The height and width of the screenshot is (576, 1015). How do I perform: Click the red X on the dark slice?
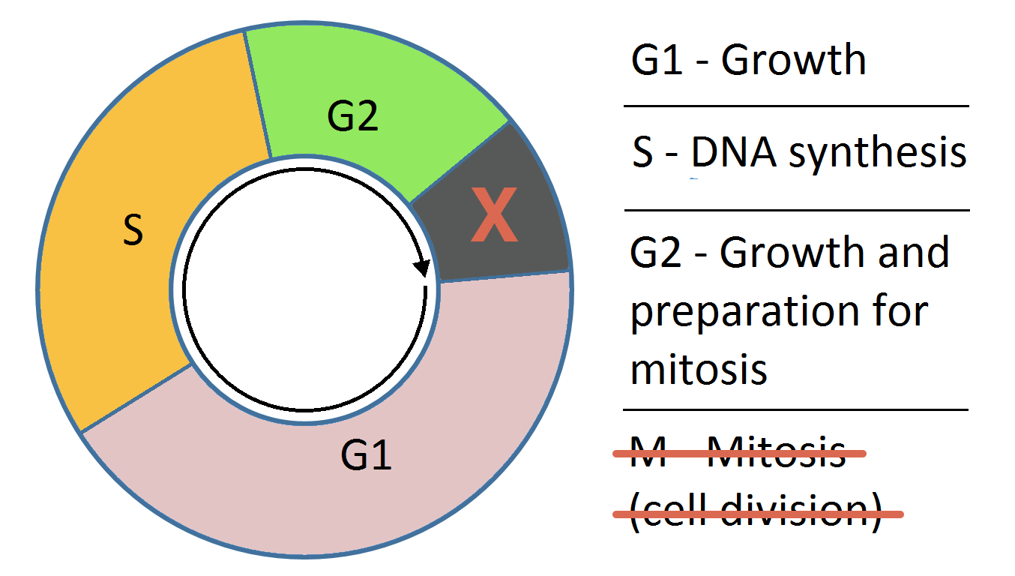pos(493,216)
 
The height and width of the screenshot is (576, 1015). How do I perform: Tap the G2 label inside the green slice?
pos(352,117)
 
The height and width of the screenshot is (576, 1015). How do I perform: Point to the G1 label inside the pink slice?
pos(366,454)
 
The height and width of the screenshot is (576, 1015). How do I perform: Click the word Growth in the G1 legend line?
pos(793,60)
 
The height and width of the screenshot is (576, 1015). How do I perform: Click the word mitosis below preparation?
pos(699,368)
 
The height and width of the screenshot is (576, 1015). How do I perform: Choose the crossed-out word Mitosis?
pos(777,452)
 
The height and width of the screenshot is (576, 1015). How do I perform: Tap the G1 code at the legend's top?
pos(657,60)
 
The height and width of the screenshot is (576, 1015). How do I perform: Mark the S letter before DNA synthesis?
pos(643,153)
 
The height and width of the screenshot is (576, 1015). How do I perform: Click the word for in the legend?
pos(899,310)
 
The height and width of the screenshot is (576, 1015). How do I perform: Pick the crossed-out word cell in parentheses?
pos(675,512)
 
